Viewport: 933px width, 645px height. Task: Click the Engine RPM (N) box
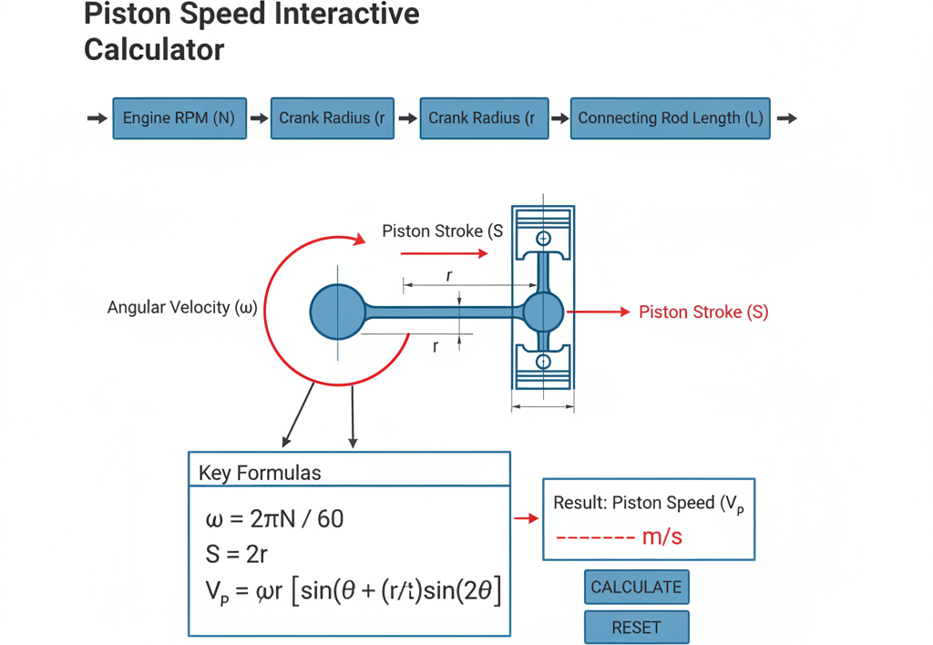pyautogui.click(x=179, y=118)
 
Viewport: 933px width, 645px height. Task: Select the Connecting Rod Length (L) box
pyautogui.click(x=670, y=118)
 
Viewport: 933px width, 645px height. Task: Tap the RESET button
pyautogui.click(x=637, y=627)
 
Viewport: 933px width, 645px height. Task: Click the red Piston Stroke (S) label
pyautogui.click(x=703, y=312)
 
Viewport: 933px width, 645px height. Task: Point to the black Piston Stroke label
pyautogui.click(x=442, y=230)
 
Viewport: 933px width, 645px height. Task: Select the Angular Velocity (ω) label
pyautogui.click(x=182, y=308)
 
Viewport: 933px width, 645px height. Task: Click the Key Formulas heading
pyautogui.click(x=260, y=473)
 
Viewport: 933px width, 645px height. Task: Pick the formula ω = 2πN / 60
pyautogui.click(x=274, y=519)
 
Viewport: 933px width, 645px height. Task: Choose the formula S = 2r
pyautogui.click(x=236, y=555)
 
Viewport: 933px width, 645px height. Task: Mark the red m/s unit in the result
pyautogui.click(x=661, y=537)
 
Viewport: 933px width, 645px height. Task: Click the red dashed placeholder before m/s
pyautogui.click(x=596, y=537)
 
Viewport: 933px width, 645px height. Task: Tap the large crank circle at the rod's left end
pyautogui.click(x=337, y=312)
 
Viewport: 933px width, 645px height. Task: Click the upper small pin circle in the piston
pyautogui.click(x=543, y=239)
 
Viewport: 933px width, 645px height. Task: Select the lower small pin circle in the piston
pyautogui.click(x=543, y=362)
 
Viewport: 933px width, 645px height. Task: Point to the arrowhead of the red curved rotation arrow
pyautogui.click(x=359, y=240)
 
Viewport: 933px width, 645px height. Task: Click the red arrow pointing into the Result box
pyautogui.click(x=526, y=519)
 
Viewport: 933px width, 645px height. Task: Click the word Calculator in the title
pyautogui.click(x=154, y=49)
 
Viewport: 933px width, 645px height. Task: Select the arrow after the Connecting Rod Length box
pyautogui.click(x=786, y=118)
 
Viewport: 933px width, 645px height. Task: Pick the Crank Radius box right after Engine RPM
pyautogui.click(x=332, y=118)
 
